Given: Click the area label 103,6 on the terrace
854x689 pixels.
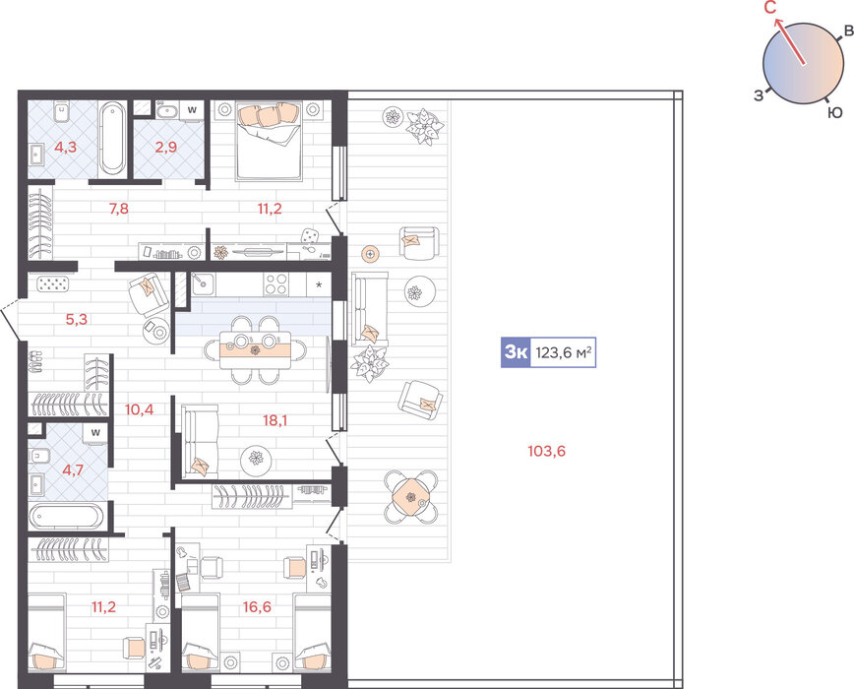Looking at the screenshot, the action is (x=546, y=451).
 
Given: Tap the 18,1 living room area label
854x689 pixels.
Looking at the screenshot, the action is (x=275, y=420).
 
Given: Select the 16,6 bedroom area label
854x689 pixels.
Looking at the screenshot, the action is (x=257, y=606).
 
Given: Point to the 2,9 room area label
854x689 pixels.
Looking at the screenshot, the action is (x=165, y=147).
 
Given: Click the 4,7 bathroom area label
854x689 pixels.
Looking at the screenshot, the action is (x=73, y=469).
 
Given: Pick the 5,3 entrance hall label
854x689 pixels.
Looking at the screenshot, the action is (x=77, y=319).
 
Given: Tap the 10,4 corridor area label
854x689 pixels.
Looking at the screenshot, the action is (x=140, y=409).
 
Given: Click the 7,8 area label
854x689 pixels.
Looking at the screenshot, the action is (x=119, y=208).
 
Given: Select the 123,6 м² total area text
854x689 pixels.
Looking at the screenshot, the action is (x=564, y=352).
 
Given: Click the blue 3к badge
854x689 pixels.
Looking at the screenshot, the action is (x=516, y=352).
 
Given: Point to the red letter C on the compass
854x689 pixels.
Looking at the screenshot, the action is (x=770, y=8).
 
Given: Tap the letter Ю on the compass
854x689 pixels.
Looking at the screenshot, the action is (x=835, y=113).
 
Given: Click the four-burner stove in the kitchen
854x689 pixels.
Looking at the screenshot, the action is (x=276, y=283).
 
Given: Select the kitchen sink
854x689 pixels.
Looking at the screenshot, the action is (x=203, y=283).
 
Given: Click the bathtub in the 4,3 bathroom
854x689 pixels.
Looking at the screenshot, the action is (x=113, y=139).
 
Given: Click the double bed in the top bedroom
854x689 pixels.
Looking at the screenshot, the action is (x=269, y=141).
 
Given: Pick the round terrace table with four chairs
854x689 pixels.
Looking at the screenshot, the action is (x=411, y=497).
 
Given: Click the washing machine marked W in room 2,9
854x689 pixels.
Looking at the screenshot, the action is (x=192, y=109).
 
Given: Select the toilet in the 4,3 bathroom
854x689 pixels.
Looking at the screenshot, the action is (x=60, y=112).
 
